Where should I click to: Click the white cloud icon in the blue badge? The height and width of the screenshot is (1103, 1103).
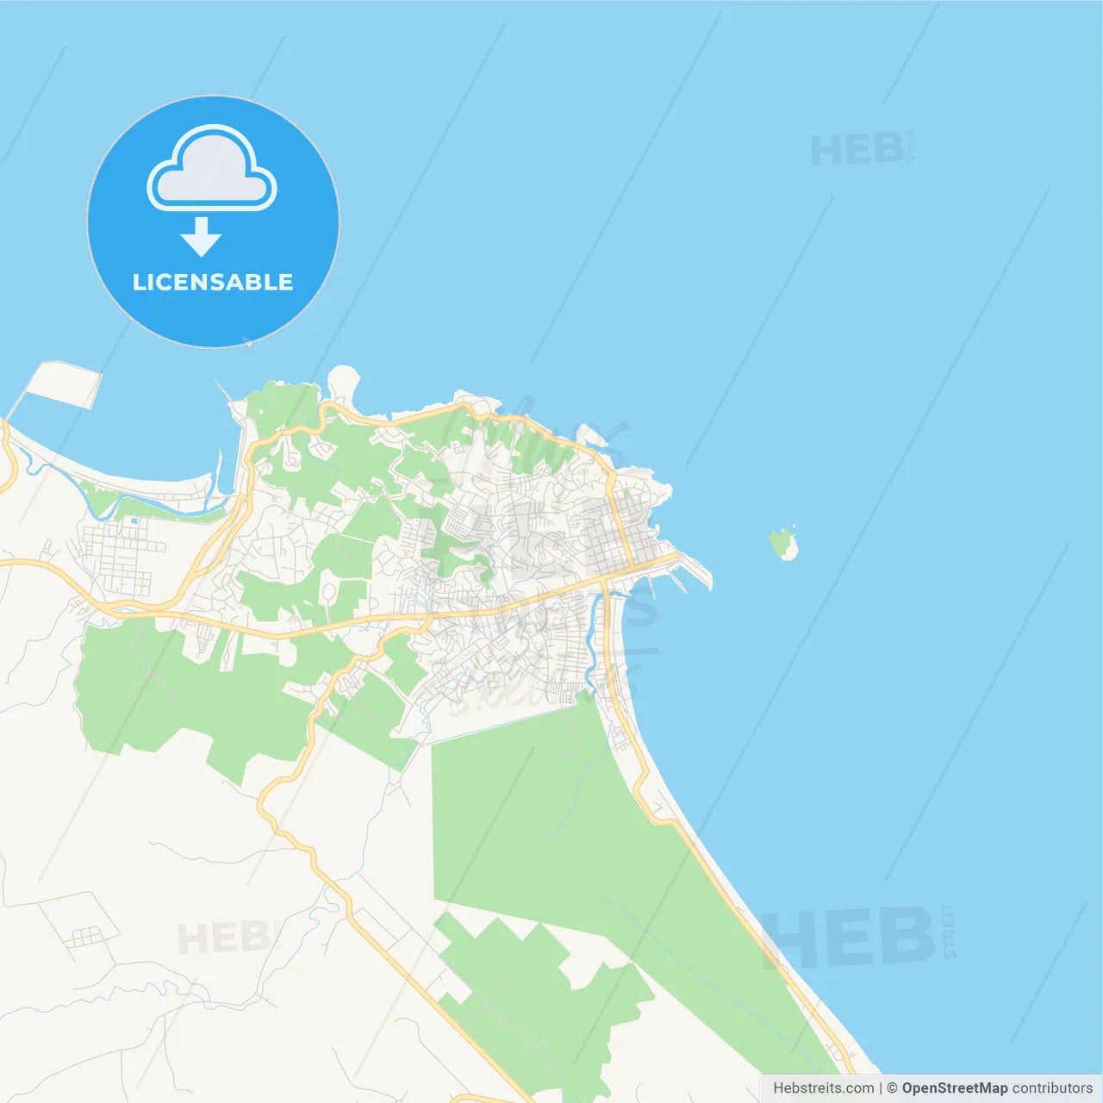pos(212,170)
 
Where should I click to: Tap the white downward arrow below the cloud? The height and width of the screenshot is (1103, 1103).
pos(201,236)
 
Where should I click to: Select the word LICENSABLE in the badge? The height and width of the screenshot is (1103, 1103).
pos(213,282)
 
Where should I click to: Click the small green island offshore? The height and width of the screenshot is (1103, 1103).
pos(782,544)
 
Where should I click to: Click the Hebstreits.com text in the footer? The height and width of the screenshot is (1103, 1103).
pos(823,1088)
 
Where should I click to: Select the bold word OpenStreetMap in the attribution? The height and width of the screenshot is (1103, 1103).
pos(954,1088)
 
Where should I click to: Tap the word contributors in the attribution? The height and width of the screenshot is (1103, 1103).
pos(1052,1088)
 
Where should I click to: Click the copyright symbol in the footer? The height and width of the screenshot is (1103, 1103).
pos(892,1088)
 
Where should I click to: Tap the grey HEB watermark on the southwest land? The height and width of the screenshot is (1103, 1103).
pos(223,938)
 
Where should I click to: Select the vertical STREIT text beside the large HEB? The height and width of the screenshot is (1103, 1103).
pos(949,931)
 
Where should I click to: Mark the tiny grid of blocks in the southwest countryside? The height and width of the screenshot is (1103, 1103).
pos(85,936)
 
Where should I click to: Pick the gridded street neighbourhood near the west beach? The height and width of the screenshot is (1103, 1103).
pos(121,556)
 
